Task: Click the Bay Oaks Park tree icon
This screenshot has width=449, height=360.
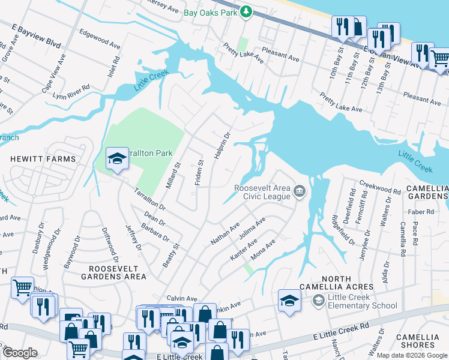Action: coord(246,11)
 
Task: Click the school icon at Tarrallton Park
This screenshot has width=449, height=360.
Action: coord(116,158)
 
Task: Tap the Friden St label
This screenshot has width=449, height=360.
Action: coord(199,171)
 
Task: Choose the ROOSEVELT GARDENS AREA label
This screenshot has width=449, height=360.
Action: coord(117,272)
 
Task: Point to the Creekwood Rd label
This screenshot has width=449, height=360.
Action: coord(380,186)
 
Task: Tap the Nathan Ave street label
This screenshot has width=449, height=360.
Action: coord(225,233)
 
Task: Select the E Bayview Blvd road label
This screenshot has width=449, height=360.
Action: coord(37,35)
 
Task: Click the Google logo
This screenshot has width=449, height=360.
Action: coord(20,353)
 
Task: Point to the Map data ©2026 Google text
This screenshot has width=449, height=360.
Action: coord(411,355)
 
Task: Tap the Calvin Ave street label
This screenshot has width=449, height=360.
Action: coord(182,298)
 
